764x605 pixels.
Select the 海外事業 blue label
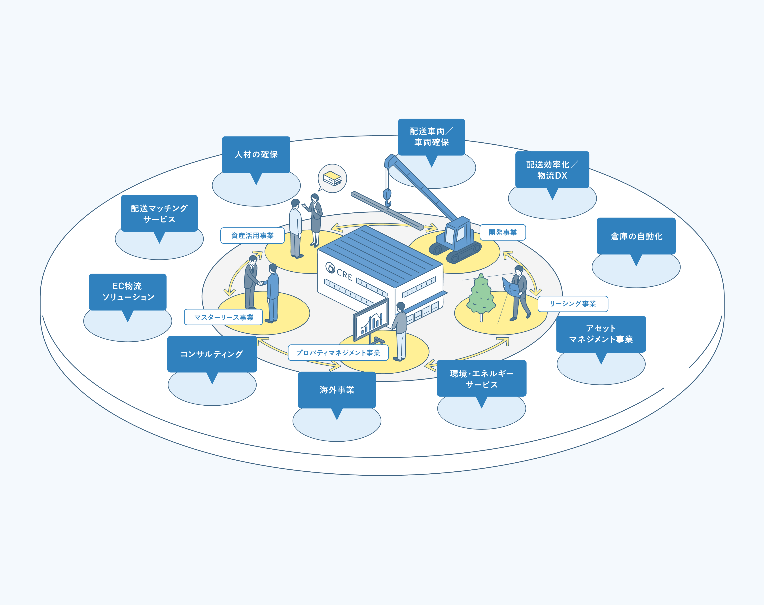tap(337, 390)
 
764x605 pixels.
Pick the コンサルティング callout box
tap(212, 354)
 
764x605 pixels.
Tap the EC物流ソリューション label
tap(127, 292)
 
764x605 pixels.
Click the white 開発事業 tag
tap(502, 232)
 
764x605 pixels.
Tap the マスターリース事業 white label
tap(223, 317)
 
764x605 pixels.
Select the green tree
tap(481, 295)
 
